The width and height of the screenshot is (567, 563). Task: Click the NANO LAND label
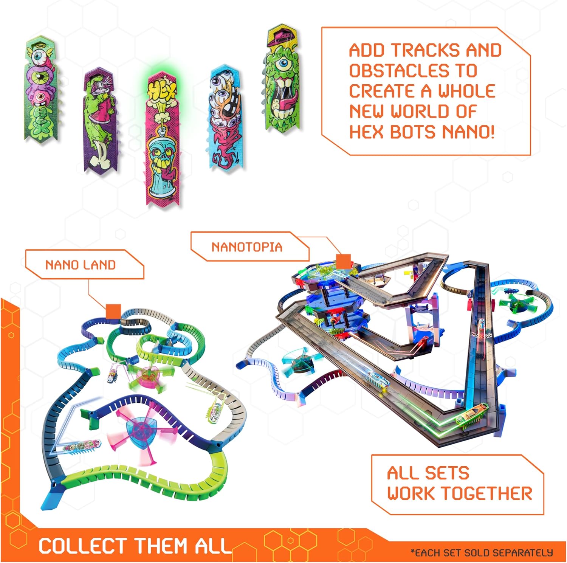click(x=80, y=265)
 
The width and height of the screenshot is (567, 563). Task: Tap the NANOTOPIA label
click(x=247, y=247)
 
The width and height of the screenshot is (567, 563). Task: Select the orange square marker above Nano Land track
click(x=113, y=311)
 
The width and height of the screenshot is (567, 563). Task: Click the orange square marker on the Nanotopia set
click(x=343, y=261)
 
